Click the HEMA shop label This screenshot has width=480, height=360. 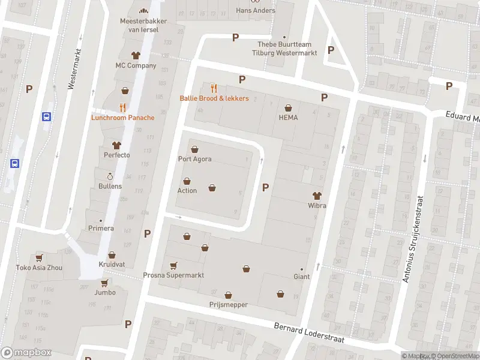point(288,118)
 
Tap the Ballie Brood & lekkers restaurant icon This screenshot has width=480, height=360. point(214,88)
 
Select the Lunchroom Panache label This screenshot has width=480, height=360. point(122,118)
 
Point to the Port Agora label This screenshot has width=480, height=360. point(194,159)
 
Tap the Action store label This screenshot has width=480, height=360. point(187,191)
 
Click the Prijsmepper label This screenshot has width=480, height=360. point(229,305)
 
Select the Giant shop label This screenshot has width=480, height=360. point(301,277)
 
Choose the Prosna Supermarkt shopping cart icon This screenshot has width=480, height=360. point(174,265)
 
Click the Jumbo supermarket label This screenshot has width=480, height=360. point(104,293)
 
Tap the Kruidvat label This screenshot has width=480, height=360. point(112,265)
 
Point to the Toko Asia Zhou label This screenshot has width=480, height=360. point(39,268)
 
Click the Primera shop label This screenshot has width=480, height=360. point(100,228)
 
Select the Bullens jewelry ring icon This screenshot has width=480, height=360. point(110,176)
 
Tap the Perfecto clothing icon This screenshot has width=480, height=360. point(116,145)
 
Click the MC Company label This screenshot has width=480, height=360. point(136,65)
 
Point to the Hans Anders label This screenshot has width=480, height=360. point(256,10)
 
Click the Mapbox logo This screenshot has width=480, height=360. point(26,353)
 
